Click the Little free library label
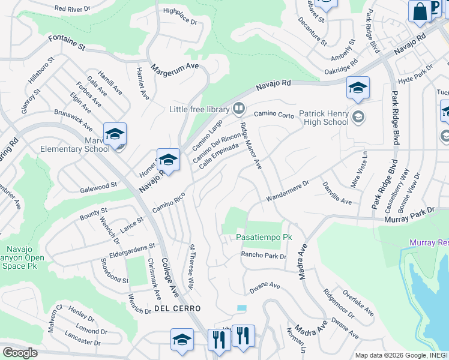coord(199,109)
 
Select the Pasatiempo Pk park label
coord(264,238)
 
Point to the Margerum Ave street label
coord(175,67)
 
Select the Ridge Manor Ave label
coord(250,146)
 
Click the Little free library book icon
coord(239,109)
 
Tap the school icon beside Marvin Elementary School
coord(115,134)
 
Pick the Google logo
coord(20,353)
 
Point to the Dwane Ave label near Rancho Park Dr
coord(265,286)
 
